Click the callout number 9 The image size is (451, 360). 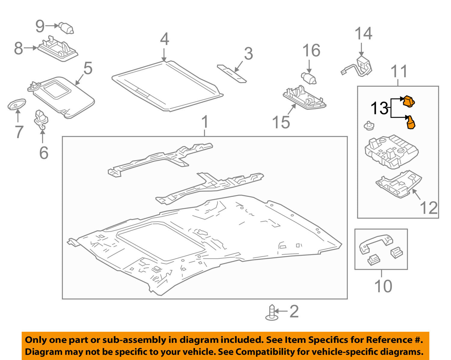click(x=40, y=26)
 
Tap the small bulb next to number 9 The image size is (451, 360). click(x=66, y=28)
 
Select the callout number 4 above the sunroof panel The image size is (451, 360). click(x=164, y=39)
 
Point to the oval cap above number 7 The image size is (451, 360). click(x=17, y=104)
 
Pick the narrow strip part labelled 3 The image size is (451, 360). click(x=232, y=73)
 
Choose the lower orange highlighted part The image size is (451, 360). click(x=410, y=122)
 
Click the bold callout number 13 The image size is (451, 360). click(x=379, y=109)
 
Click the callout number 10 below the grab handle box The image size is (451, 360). click(x=383, y=286)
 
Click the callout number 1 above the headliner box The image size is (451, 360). click(x=205, y=122)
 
